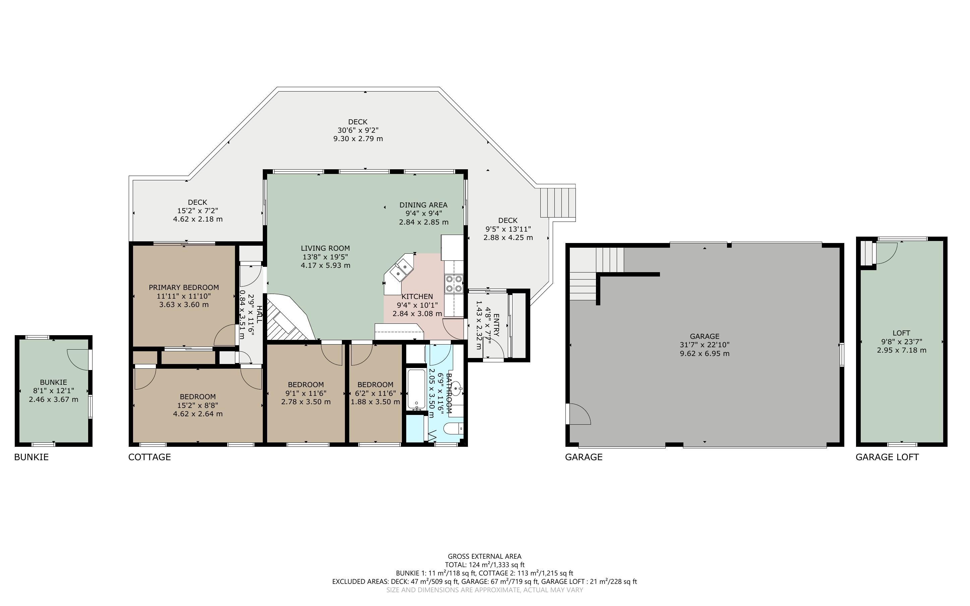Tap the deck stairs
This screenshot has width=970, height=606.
tap(558, 203)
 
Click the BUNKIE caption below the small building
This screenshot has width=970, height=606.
tap(31, 457)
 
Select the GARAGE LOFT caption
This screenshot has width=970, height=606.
tap(887, 457)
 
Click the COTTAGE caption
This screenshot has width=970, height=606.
tap(149, 457)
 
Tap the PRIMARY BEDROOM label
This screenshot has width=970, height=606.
tap(184, 287)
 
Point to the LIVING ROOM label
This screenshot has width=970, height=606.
tap(325, 248)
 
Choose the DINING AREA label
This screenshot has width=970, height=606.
tap(424, 205)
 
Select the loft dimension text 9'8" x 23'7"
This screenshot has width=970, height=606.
tap(902, 342)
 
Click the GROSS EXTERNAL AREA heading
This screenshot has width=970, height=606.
tap(484, 556)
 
